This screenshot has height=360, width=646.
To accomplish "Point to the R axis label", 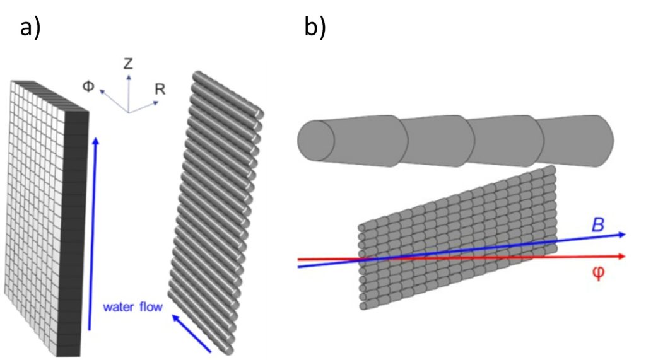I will (x=160, y=89).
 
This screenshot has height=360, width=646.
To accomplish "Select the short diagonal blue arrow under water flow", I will (x=192, y=332).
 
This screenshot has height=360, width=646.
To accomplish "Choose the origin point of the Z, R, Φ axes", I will (x=128, y=112).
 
